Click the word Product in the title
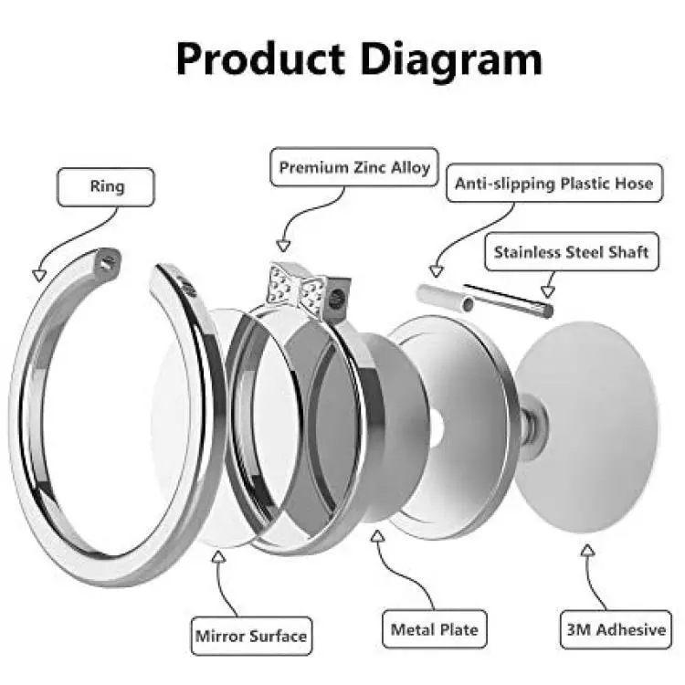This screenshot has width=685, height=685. coord(260,60)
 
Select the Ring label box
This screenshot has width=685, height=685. coord(106,187)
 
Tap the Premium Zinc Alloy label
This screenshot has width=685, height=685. coord(354,167)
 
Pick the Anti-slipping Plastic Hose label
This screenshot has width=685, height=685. coord(554,183)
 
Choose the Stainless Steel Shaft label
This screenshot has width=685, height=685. coord(572,252)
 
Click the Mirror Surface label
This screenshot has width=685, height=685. coord(251,636)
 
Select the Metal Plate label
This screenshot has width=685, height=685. coord(434,629)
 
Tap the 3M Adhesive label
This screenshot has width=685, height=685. coord(616,629)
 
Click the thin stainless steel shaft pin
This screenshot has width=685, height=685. coord(508,300)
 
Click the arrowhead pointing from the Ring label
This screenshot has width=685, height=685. coord(39,275)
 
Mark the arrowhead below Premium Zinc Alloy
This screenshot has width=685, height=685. coord(283,246)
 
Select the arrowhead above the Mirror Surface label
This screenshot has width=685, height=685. coord(218,557)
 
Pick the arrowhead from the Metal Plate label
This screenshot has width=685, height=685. coord(378,536)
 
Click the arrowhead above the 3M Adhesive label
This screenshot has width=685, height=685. coord(588,550)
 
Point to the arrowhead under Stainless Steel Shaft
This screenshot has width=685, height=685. coord(548,291)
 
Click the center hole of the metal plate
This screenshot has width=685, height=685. coord(436,428)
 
